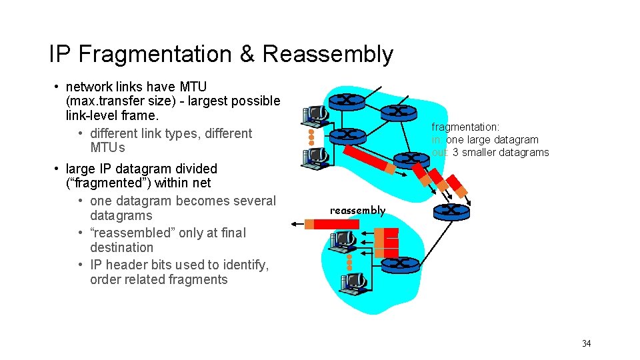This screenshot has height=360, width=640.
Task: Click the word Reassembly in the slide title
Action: click(327, 54)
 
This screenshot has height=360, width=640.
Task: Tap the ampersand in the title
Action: click(247, 54)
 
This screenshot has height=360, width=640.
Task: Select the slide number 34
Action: click(586, 343)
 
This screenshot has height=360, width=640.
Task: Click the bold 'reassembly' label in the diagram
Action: click(358, 211)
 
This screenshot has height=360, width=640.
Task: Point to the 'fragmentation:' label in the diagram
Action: click(465, 127)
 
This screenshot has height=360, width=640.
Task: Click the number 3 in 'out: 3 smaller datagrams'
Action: click(455, 153)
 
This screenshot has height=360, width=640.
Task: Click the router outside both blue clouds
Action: click(451, 211)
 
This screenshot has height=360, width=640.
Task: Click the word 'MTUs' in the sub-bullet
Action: click(107, 147)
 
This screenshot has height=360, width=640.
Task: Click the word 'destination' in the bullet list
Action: click(121, 247)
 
